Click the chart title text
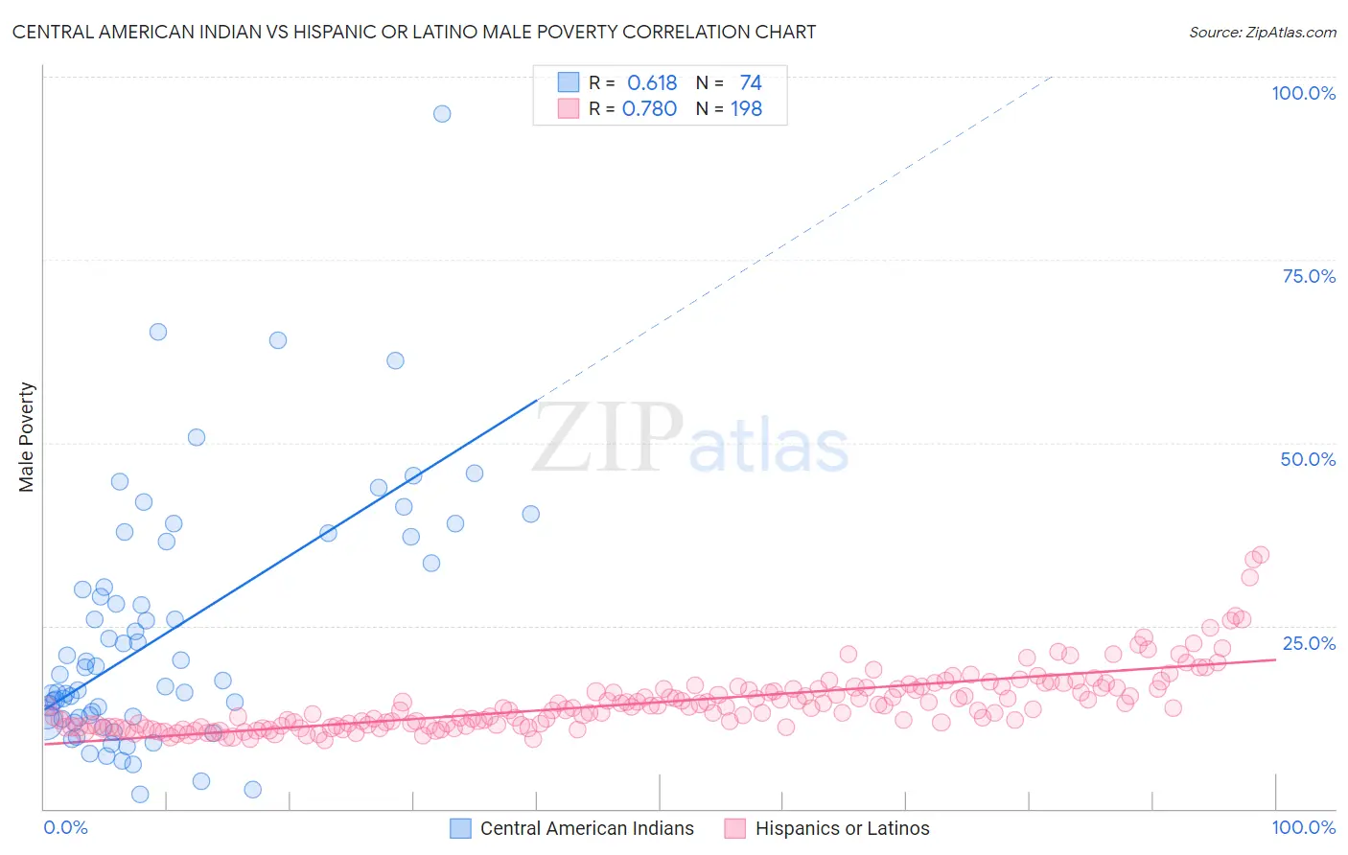(414, 32)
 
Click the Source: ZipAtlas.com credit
(1262, 32)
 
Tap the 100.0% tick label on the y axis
(1303, 93)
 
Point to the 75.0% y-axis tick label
(1309, 276)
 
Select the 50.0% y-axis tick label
(1308, 459)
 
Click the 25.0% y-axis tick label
(1309, 642)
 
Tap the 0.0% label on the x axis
(65, 827)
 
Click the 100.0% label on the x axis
(1303, 827)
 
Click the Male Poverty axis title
(27, 437)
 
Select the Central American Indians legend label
(587, 828)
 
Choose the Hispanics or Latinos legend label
(842, 828)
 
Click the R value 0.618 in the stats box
(652, 83)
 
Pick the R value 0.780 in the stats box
(649, 109)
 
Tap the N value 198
(746, 109)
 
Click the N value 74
(750, 83)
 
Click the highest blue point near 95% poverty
(442, 114)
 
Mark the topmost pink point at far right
(1261, 555)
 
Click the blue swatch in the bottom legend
(461, 828)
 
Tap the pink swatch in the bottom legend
(735, 828)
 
